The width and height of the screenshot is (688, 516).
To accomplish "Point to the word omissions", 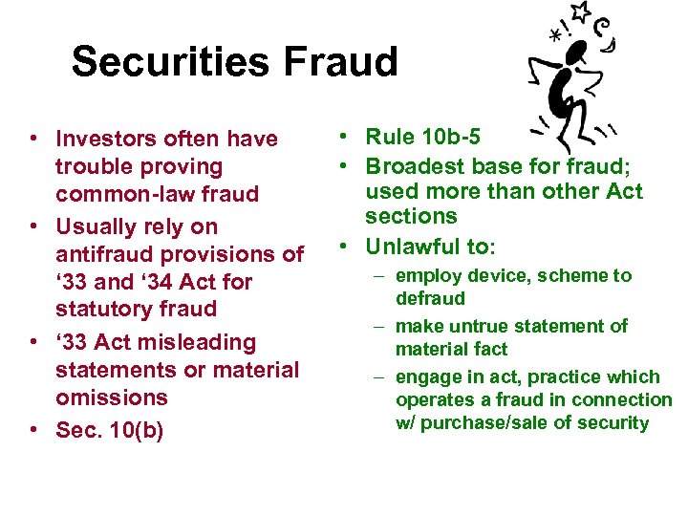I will pos(113,397).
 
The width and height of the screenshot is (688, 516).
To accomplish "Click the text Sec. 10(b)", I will pos(110,431).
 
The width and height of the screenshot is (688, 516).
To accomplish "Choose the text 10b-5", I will pos(448,140).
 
